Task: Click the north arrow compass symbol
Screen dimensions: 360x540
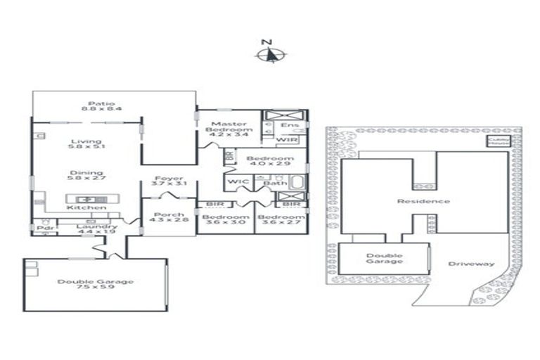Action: pyautogui.click(x=270, y=53)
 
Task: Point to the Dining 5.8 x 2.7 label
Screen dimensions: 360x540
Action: pyautogui.click(x=86, y=176)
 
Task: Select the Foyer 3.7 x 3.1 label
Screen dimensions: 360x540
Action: pyautogui.click(x=169, y=181)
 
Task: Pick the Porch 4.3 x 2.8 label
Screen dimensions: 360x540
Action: pyautogui.click(x=169, y=217)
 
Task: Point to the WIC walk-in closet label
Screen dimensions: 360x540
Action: pyautogui.click(x=235, y=183)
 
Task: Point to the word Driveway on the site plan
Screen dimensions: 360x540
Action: pyautogui.click(x=471, y=264)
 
